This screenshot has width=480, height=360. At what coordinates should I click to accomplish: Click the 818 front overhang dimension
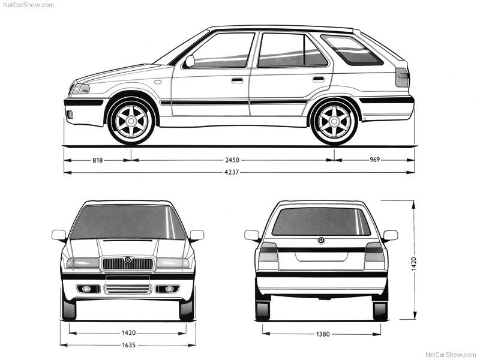click(98, 160)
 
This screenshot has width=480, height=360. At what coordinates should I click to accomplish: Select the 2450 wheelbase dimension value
click(232, 160)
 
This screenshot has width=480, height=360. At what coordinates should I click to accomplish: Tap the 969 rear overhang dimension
click(374, 160)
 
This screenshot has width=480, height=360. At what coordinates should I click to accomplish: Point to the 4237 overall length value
click(232, 172)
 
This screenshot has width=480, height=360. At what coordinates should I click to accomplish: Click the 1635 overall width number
click(128, 345)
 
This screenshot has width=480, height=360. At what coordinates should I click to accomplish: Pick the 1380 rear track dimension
click(323, 334)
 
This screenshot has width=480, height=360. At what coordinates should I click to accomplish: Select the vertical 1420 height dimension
click(414, 264)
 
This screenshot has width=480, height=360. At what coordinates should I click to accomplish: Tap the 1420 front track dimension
click(128, 333)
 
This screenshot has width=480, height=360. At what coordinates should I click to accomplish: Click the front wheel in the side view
click(131, 121)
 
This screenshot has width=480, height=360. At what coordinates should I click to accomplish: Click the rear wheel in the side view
click(334, 122)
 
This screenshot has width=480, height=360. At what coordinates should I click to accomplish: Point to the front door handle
click(237, 80)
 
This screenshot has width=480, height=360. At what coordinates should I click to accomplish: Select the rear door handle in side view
click(319, 79)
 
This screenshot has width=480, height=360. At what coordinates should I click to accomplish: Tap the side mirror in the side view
click(190, 61)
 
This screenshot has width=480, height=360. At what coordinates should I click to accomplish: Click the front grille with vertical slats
click(127, 264)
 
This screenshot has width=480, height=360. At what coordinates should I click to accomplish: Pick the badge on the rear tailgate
click(321, 241)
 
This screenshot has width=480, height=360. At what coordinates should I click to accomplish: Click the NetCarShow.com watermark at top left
click(28, 5)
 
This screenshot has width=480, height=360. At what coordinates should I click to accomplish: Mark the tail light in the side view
click(402, 77)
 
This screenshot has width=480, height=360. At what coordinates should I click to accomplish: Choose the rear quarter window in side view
click(352, 50)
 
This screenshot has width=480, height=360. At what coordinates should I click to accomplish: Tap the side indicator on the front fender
click(158, 82)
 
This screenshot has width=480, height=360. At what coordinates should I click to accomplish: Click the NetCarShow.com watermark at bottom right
click(451, 355)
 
